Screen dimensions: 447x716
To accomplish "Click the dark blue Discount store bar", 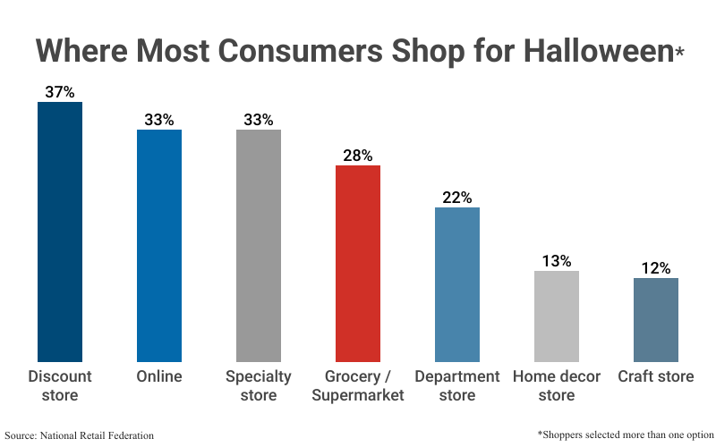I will (x=59, y=232).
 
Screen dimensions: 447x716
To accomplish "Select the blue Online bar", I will (x=159, y=245).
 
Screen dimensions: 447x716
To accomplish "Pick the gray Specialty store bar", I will (x=259, y=245).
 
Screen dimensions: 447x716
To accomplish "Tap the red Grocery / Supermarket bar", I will (x=358, y=263).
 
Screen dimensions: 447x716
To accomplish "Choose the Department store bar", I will (x=457, y=284).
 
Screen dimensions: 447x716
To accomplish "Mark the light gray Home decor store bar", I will (x=557, y=316).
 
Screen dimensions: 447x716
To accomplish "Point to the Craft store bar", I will (x=656, y=319).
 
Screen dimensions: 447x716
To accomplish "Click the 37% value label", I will (x=59, y=91).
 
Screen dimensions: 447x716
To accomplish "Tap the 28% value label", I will (x=358, y=155).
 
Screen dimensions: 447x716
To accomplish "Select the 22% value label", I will (x=457, y=197).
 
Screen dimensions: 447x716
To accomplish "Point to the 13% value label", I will (x=557, y=260).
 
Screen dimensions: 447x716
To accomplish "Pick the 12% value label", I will (x=656, y=267).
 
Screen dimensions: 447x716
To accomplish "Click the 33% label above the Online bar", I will (x=159, y=119).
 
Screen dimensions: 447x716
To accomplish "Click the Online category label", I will (x=159, y=376).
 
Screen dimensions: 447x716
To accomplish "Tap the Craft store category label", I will (x=656, y=376).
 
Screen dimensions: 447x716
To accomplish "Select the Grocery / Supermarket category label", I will (x=358, y=385).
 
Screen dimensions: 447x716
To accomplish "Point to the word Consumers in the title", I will (x=268, y=50).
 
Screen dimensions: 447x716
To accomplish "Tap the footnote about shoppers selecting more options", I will (x=624, y=434).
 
